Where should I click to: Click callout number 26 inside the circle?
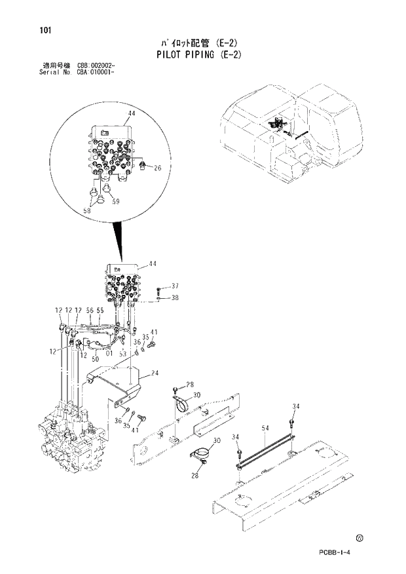157,168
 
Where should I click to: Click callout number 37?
175,286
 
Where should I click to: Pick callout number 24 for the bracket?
155,373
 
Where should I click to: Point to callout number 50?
94,359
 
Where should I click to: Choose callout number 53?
122,354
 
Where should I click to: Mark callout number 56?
90,310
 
